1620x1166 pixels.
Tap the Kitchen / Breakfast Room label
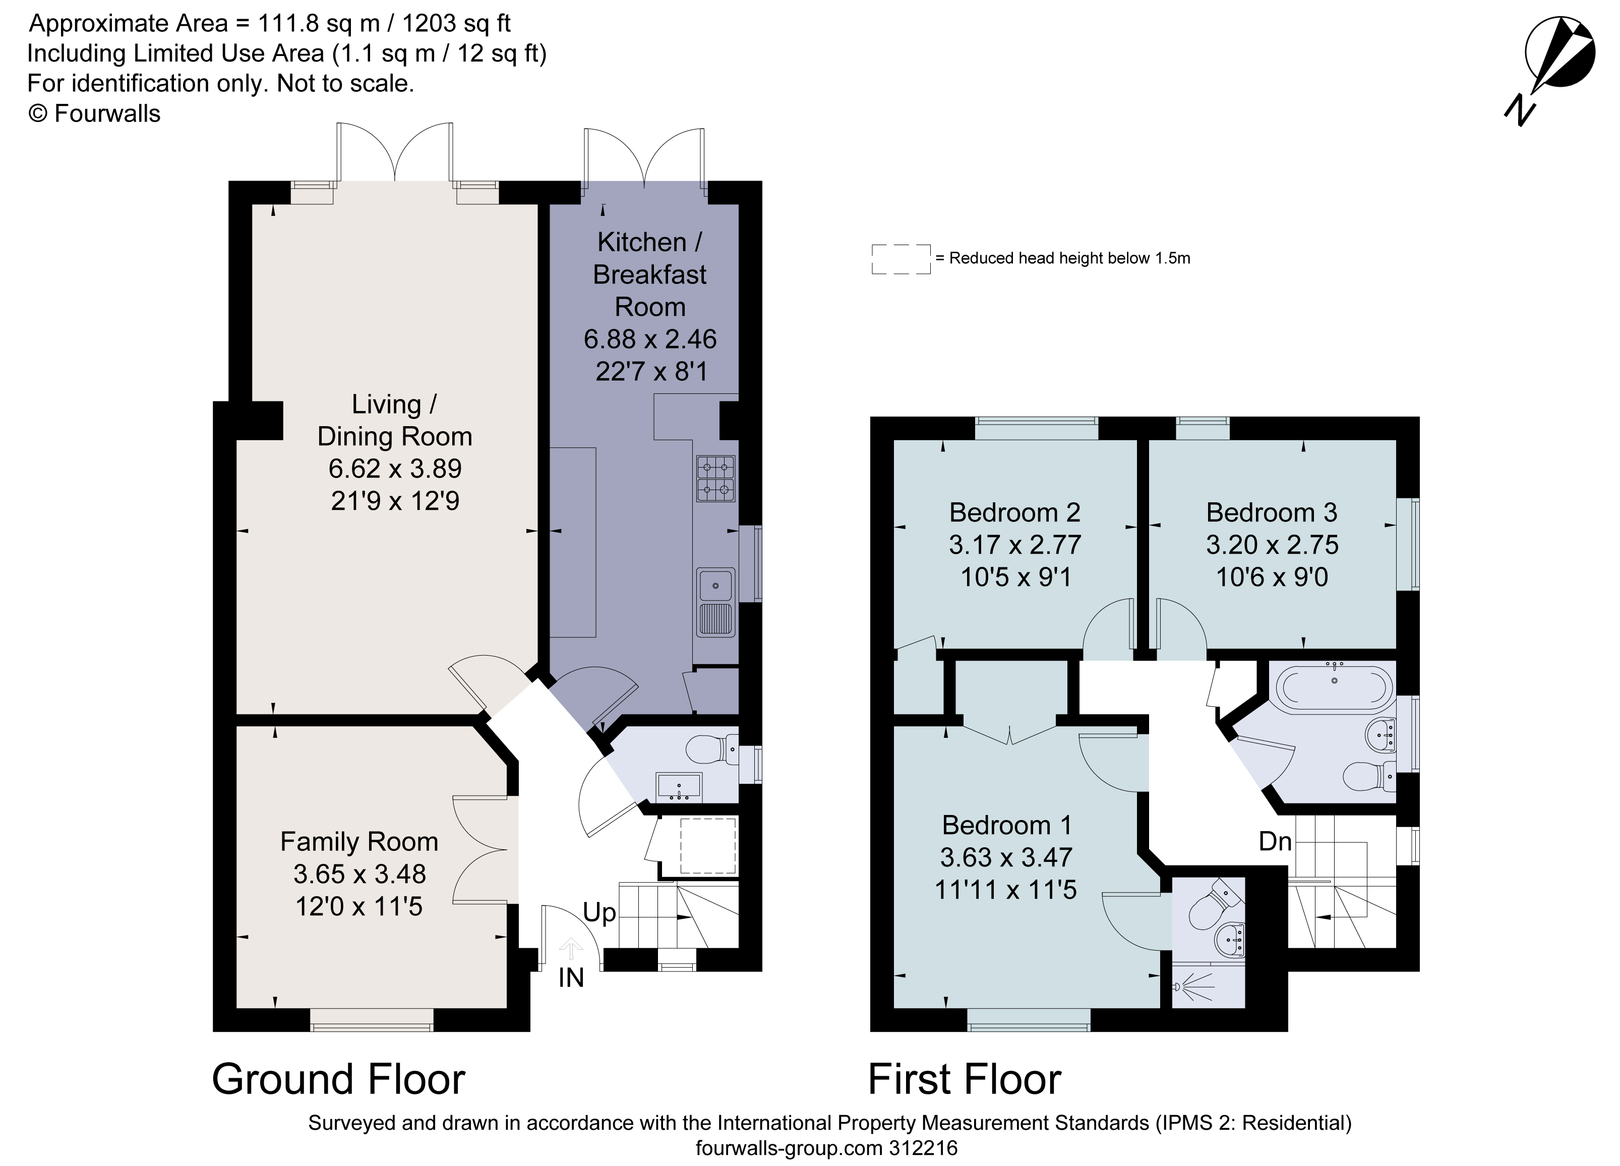pos(649,274)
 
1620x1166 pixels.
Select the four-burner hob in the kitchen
pos(716,479)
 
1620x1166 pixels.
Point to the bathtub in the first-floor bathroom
pos(1334,688)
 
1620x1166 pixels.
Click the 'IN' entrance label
pos(571,977)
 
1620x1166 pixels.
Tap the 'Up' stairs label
pos(598,913)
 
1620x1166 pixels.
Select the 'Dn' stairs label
pos(1275,842)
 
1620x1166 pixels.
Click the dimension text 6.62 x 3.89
pos(395,469)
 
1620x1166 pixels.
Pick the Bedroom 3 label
pos(1272,512)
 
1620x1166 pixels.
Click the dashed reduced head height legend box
pos(901,259)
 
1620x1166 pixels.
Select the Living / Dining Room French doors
pos(395,154)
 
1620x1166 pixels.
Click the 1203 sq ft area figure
pos(456,24)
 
